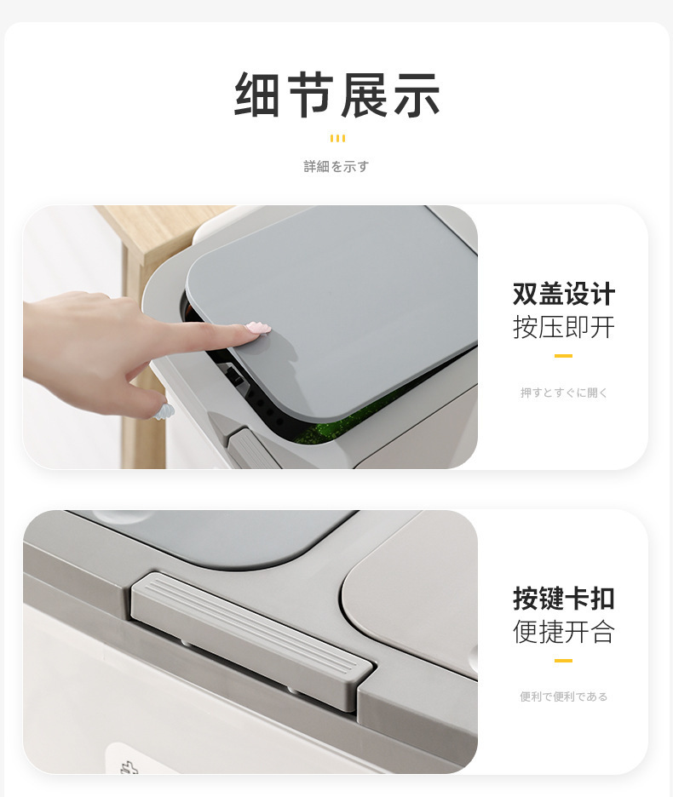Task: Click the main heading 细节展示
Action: [336, 95]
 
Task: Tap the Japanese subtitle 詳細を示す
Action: [336, 167]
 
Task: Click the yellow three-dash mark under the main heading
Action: [337, 138]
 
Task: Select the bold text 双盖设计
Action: [563, 295]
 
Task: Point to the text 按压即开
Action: [563, 327]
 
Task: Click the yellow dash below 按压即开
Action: [563, 356]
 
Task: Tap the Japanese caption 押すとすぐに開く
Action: [564, 393]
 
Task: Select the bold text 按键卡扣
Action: [563, 599]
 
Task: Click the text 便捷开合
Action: [563, 632]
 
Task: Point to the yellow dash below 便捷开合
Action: [563, 661]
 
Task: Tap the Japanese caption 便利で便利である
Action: [564, 697]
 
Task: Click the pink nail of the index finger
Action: [257, 328]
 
